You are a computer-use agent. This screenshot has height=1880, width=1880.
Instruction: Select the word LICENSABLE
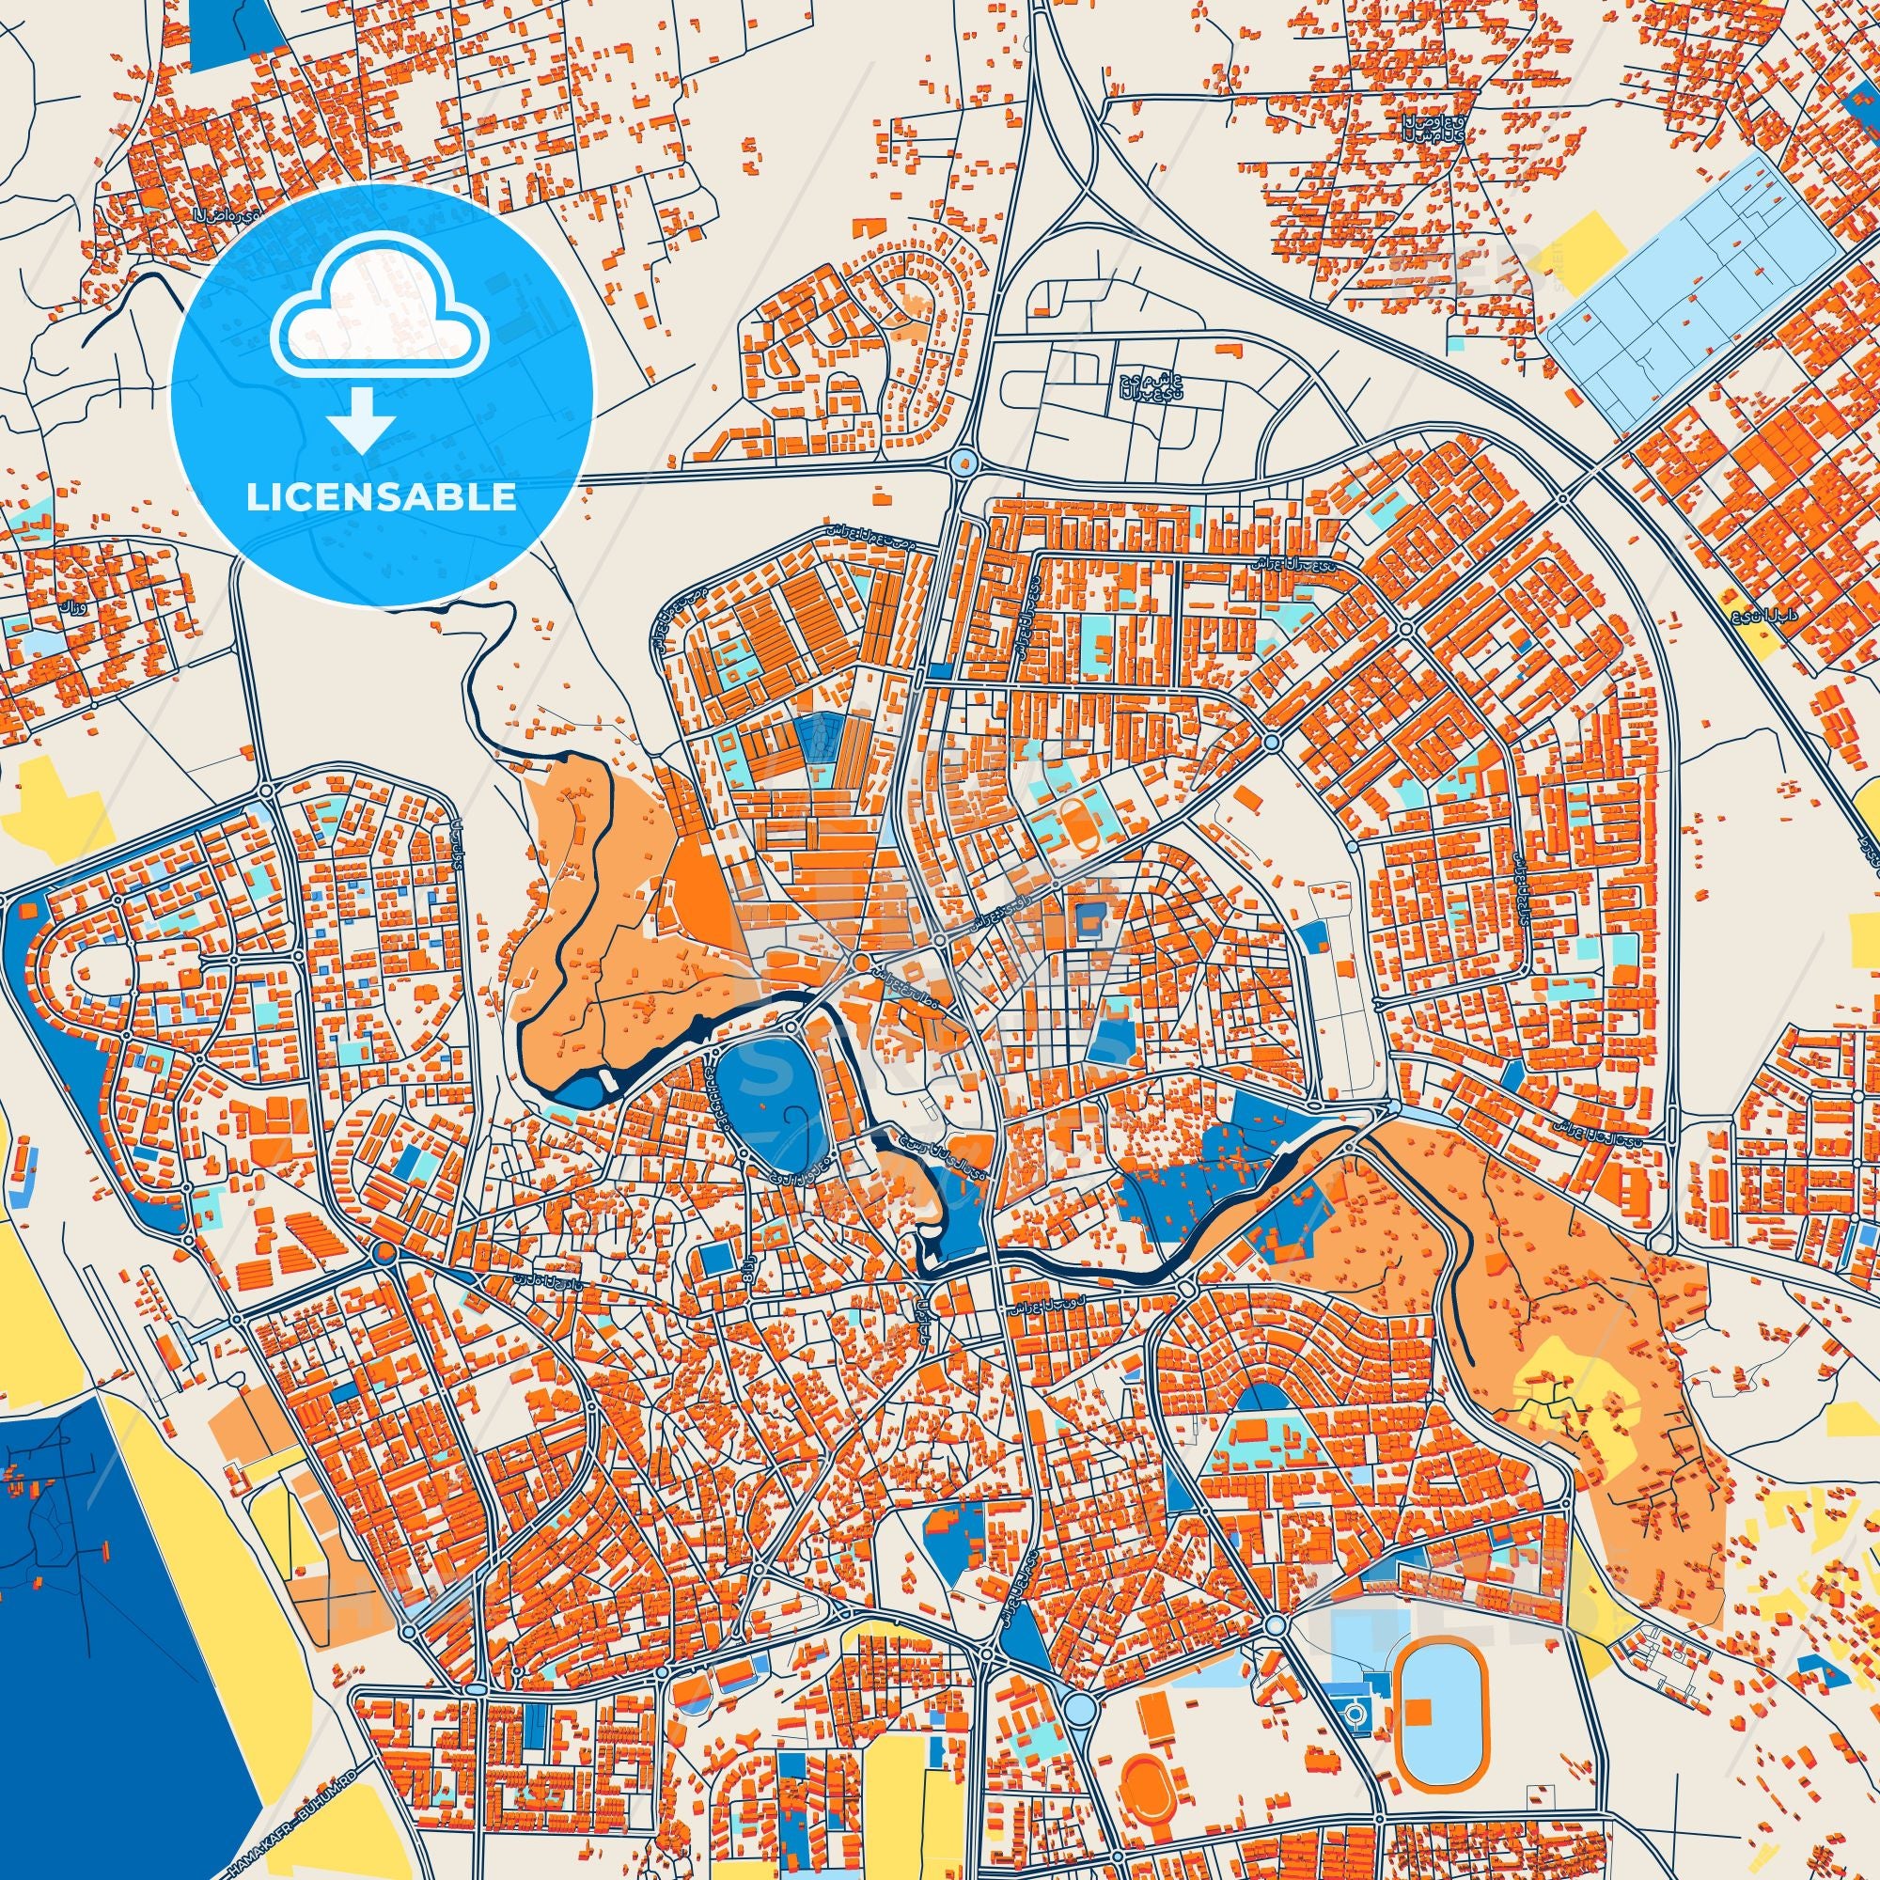(x=382, y=497)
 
